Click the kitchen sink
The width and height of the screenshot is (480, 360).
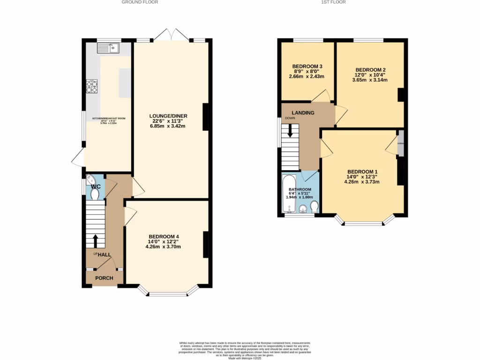tap(109, 47)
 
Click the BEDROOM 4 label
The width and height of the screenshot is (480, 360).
tap(164, 236)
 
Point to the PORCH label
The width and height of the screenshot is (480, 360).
tap(104, 278)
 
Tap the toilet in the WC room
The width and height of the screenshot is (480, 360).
tap(95, 194)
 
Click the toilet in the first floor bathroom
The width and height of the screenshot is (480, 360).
tap(315, 206)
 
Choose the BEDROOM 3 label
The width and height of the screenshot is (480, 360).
tap(307, 66)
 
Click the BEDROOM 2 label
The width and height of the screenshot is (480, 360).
tap(370, 69)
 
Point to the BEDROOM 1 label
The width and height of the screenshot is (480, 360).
tap(363, 172)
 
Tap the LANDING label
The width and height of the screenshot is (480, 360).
tap(303, 113)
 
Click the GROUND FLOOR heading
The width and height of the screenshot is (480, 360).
tap(140, 2)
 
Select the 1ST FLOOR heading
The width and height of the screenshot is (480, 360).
tap(333, 2)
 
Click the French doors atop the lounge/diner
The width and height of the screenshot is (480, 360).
tap(173, 35)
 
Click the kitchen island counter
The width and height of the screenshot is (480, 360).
tap(125, 83)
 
